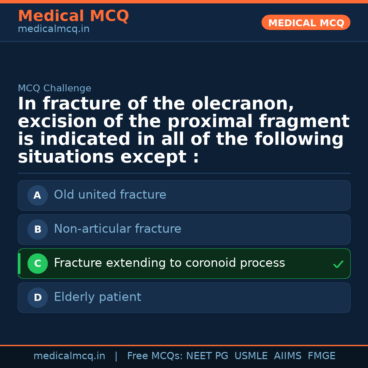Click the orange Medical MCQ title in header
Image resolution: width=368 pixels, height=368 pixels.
tap(73, 16)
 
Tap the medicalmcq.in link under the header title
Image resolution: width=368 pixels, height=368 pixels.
tap(53, 29)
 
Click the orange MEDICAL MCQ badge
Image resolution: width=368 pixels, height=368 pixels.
tap(306, 23)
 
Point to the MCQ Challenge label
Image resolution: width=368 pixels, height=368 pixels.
tap(55, 89)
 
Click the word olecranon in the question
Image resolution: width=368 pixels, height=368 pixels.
tap(243, 104)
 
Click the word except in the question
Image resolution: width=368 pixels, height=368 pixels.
tap(153, 157)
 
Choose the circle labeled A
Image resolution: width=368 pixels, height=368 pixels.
tap(37, 196)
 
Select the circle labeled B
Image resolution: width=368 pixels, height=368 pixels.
tap(37, 230)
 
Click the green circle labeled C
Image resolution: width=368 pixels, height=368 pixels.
tap(37, 264)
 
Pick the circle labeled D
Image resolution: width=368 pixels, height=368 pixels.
tap(37, 298)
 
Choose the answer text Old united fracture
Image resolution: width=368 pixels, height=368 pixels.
tap(110, 195)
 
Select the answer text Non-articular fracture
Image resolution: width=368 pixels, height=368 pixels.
tap(118, 229)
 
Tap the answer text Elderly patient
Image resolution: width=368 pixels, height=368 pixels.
tap(97, 297)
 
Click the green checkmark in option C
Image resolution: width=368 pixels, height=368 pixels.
tap(338, 264)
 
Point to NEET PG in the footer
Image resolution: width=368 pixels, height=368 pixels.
tap(207, 356)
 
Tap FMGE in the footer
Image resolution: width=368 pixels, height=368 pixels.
tap(321, 356)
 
